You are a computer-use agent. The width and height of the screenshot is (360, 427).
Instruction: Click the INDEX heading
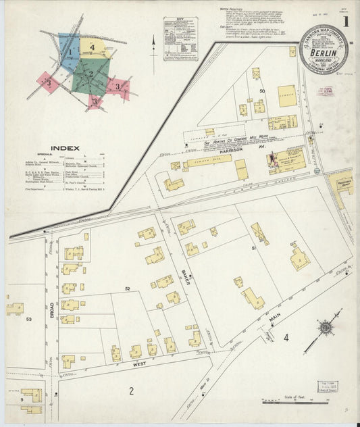65,147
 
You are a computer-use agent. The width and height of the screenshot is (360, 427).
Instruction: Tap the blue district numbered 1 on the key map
69,51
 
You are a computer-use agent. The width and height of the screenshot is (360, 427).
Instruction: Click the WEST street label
139,363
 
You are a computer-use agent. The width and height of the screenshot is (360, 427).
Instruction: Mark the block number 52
126,288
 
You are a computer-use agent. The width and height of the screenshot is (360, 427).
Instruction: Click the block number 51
254,249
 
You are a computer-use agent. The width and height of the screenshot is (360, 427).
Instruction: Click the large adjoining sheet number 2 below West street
132,390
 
